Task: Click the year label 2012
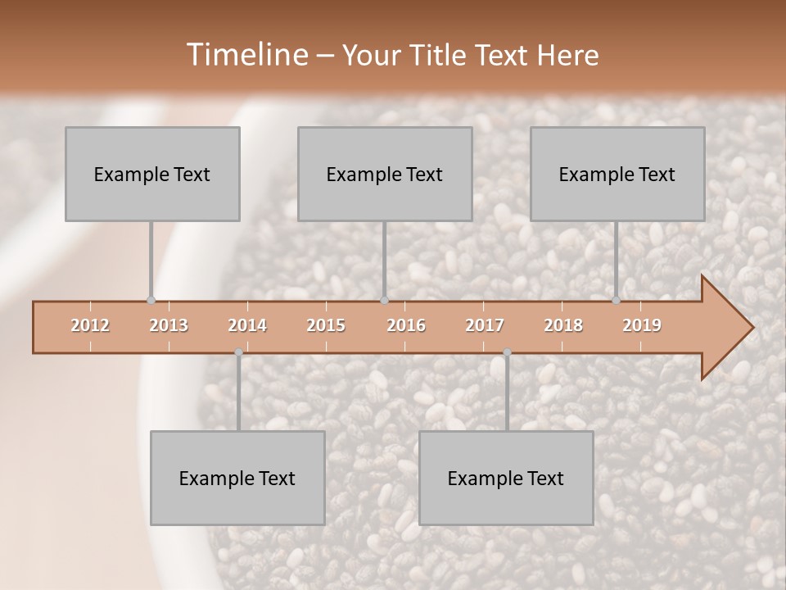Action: (x=90, y=325)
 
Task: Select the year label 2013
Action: (x=169, y=325)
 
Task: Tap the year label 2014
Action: (x=247, y=325)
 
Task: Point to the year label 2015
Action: (x=326, y=325)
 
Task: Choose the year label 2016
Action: (x=406, y=325)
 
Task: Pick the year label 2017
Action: (x=485, y=325)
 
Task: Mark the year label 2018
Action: (x=563, y=325)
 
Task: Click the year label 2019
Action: (x=642, y=325)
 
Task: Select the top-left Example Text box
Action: (x=152, y=174)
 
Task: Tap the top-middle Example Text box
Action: (x=385, y=174)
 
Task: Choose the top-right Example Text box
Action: (x=617, y=174)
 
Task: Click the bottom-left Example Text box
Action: (x=237, y=478)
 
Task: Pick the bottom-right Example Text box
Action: (x=506, y=478)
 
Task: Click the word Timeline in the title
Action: (x=246, y=55)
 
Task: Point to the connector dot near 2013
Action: (x=151, y=300)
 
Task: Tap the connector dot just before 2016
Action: (x=384, y=300)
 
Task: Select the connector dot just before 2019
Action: (x=616, y=300)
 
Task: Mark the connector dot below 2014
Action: (x=238, y=352)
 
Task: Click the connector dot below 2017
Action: (x=507, y=352)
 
